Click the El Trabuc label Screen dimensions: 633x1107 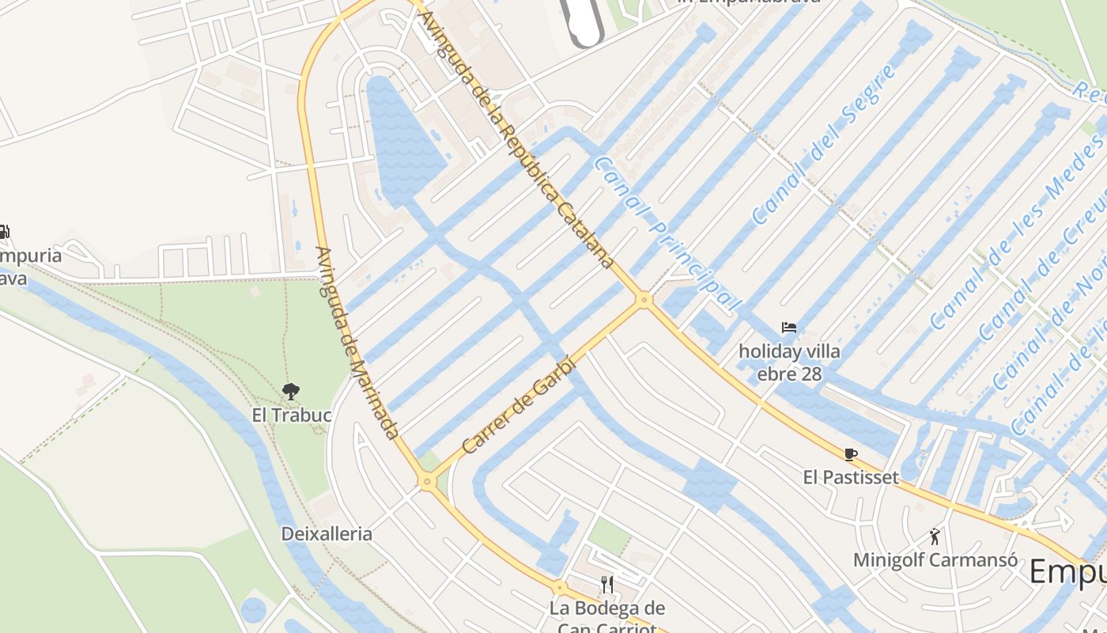291,415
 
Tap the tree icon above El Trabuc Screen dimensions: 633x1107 291,391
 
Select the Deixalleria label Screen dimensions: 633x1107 327,533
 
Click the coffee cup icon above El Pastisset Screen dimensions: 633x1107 851,454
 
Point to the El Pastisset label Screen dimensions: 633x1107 851,477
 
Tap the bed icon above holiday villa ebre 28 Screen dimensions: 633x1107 789,328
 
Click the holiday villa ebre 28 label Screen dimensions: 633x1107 789,362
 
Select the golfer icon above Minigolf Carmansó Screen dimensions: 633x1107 935,536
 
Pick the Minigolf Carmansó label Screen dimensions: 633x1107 935,560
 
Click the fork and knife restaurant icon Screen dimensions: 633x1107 607,585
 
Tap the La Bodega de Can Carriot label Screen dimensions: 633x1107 607,618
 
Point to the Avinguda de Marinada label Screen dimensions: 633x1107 357,343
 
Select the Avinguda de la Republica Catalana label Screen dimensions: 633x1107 517,140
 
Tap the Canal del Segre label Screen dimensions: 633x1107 824,144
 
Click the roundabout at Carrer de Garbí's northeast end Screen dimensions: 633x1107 644,300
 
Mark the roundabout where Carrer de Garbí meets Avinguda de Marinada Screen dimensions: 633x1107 428,481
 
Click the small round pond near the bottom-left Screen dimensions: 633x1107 253,610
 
